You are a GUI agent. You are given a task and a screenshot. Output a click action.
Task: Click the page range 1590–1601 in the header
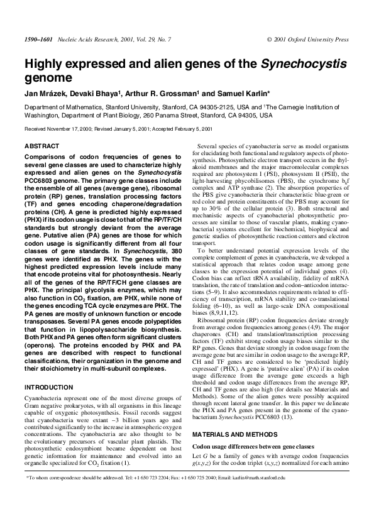point(36,39)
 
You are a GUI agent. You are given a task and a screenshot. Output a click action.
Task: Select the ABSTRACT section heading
point(41,146)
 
